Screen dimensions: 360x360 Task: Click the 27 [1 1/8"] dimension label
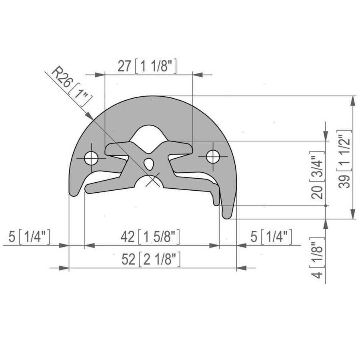147,66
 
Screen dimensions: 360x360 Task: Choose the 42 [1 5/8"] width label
150,237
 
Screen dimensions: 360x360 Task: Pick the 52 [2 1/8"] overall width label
151,259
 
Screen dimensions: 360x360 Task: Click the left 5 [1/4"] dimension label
29,237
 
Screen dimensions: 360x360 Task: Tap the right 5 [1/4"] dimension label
271,237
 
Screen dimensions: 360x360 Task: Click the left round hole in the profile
91,158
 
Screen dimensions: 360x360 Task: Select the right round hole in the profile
213,156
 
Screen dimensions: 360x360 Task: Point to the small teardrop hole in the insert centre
148,163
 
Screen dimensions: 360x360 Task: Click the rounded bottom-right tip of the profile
227,216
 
